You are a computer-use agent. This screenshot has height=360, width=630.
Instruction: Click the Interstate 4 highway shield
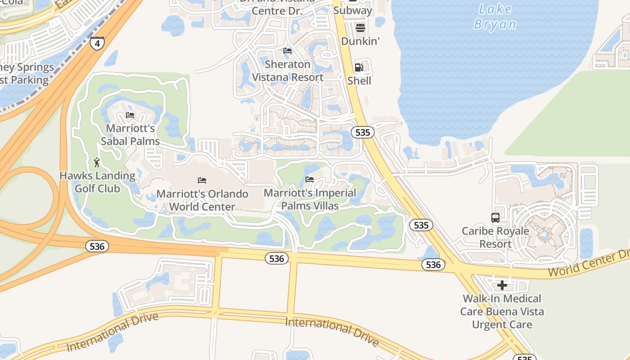[97, 43]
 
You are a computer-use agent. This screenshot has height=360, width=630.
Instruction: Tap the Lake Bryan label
[495, 17]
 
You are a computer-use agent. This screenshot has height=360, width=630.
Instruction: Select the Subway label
[353, 10]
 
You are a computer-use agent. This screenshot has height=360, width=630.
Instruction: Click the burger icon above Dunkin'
[360, 28]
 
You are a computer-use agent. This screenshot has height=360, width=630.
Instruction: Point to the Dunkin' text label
[360, 41]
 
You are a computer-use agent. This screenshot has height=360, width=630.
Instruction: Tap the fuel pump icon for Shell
[359, 67]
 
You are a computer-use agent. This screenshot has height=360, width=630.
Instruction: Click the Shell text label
[359, 81]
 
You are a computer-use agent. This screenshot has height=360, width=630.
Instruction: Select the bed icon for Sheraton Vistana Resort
[288, 51]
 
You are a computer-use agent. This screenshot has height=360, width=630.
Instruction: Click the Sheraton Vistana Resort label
[288, 71]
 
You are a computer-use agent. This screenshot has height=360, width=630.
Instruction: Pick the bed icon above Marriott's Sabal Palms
[130, 115]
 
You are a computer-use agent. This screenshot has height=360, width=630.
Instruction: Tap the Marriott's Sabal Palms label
[130, 135]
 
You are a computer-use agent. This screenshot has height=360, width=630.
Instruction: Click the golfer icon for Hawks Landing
[97, 162]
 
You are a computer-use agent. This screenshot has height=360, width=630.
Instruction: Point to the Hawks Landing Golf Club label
[97, 182]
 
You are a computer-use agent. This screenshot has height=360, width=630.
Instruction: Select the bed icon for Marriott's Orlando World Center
[202, 180]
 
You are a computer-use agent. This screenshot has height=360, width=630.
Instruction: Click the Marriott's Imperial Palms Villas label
[310, 199]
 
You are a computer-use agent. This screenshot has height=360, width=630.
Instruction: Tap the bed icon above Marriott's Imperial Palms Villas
[310, 179]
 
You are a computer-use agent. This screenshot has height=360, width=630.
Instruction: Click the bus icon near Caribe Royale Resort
[495, 218]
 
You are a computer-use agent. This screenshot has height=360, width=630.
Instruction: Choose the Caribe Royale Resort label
[495, 237]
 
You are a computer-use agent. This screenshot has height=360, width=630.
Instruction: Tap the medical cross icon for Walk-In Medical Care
[502, 285]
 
